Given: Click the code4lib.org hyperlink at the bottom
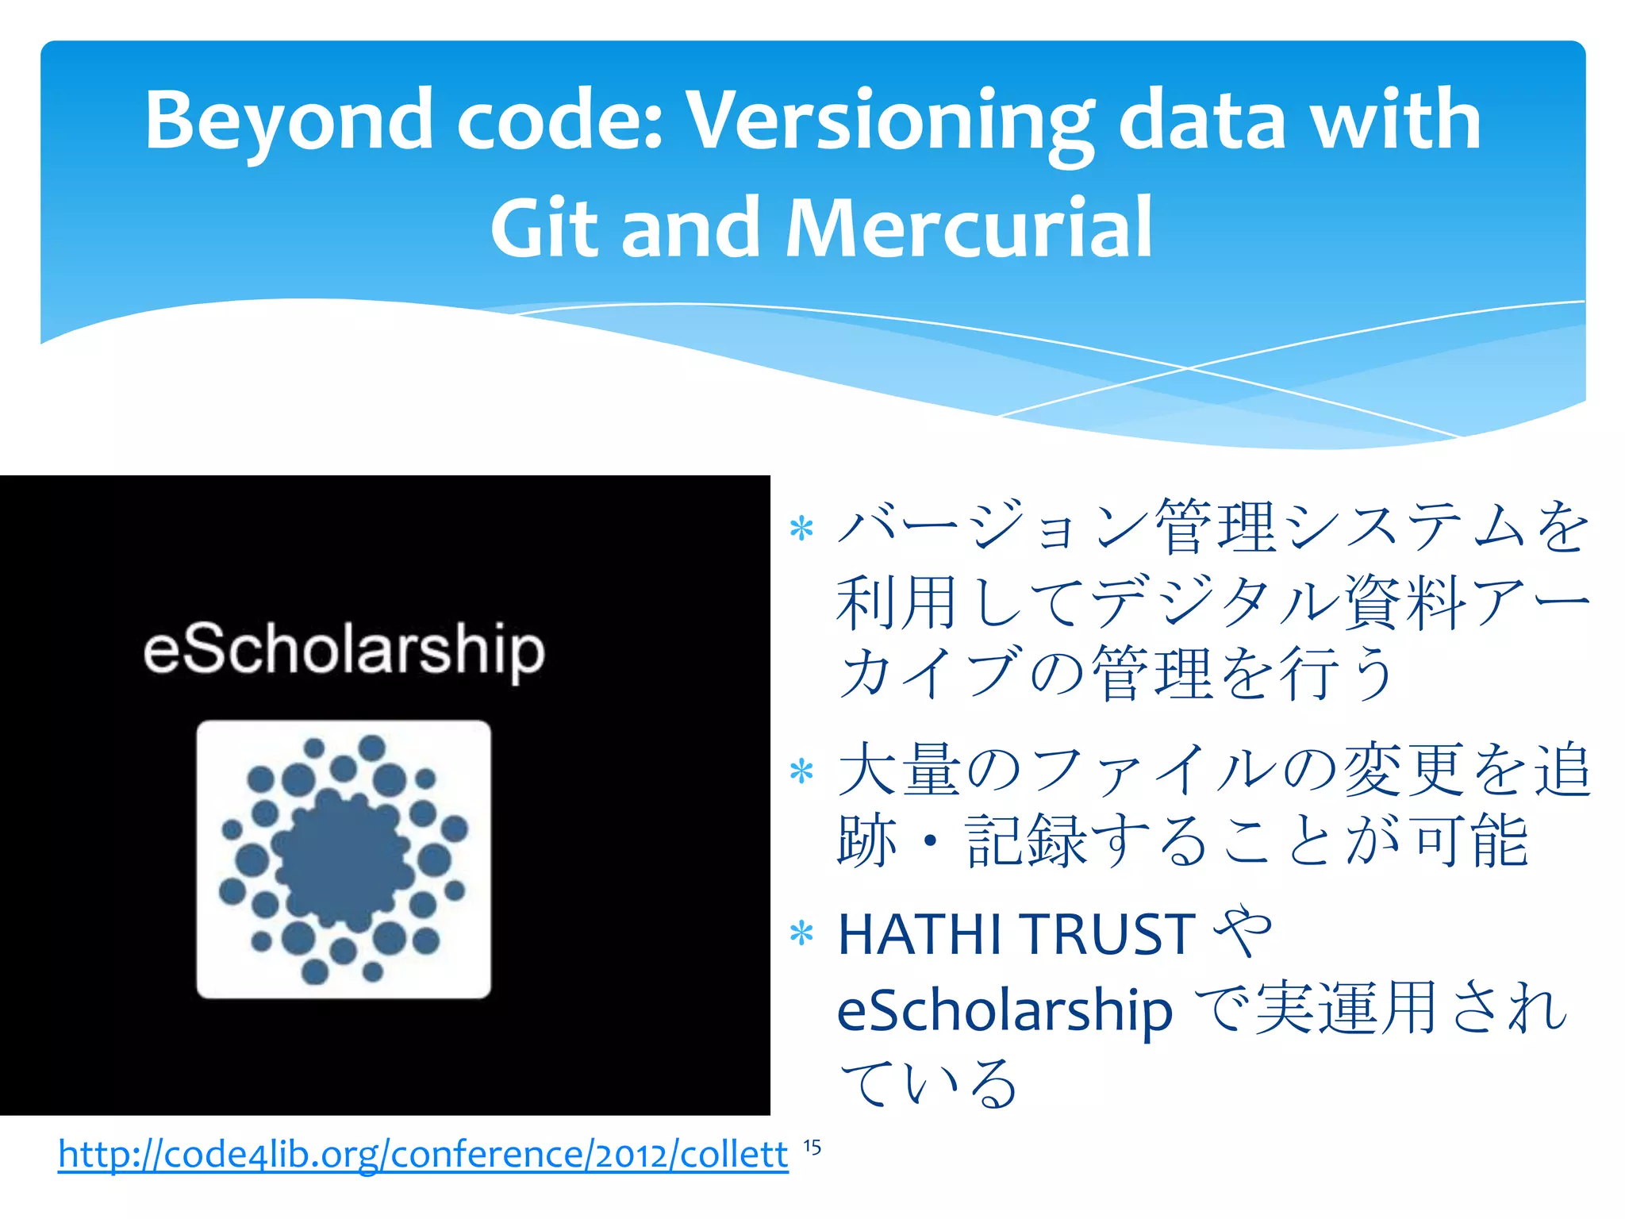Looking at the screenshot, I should tap(423, 1155).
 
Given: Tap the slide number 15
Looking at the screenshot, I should tap(812, 1148).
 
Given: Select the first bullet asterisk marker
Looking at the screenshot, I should tap(802, 529).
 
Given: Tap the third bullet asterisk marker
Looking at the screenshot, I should tap(802, 934).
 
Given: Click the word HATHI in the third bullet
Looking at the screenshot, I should tap(920, 934).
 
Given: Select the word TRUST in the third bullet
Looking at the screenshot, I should tap(1108, 934).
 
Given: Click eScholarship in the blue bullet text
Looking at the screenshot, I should tap(1005, 1010).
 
